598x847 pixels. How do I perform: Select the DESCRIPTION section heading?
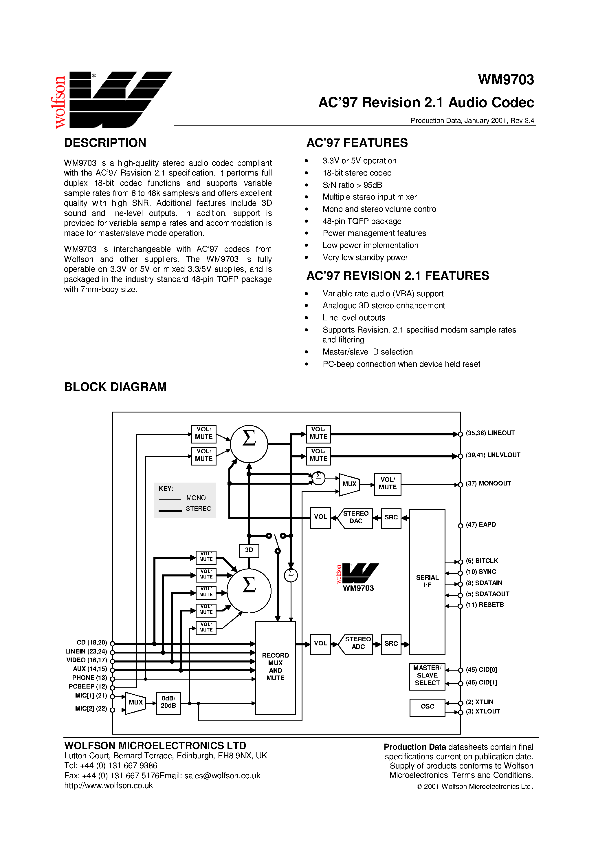[105, 143]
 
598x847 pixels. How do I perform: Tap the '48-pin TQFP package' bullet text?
[362, 221]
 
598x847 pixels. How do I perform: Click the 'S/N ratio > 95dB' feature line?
[352, 185]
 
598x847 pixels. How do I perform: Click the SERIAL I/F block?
[427, 581]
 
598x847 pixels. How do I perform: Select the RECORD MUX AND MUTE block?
[275, 667]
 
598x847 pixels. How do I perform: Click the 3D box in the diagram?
[249, 550]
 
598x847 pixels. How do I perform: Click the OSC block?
[427, 707]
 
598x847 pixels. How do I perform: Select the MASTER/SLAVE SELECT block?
[427, 676]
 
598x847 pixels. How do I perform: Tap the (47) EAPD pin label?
[481, 525]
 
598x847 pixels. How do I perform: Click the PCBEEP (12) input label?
[88, 687]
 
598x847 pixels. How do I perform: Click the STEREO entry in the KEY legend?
[198, 509]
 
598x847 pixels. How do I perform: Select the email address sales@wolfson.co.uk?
[222, 776]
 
